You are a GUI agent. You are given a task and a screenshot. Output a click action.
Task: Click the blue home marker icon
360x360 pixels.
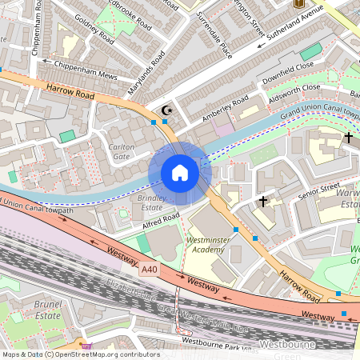[180, 173]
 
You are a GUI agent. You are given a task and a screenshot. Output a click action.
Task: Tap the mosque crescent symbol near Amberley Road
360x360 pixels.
[166, 110]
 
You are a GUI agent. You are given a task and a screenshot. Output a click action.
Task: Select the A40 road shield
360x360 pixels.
[150, 270]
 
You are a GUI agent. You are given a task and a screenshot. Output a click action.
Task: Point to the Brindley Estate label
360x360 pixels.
[150, 202]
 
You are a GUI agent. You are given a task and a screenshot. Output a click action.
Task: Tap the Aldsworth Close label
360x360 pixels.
[295, 88]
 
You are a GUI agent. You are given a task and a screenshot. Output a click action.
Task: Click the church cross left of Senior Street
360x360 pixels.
[263, 202]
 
